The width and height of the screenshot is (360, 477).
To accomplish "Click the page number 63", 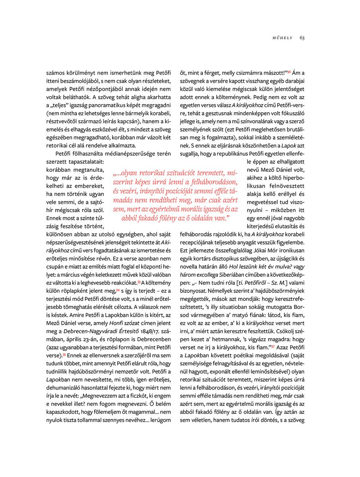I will tap(302, 38).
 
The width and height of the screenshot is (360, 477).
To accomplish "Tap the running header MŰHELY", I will tap(282, 38).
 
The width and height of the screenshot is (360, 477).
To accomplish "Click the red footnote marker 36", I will tap(289, 72).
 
